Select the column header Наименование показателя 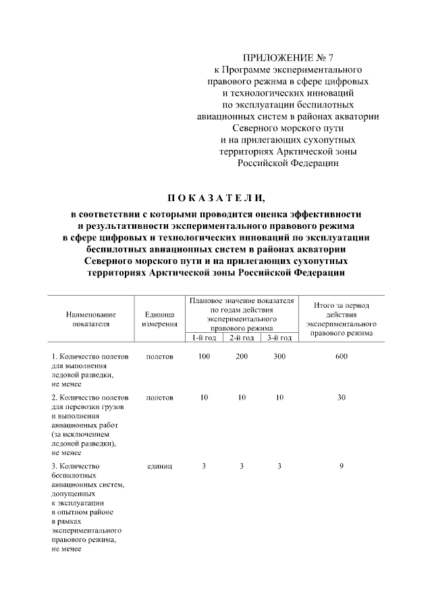coord(90,319)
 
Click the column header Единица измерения coord(160,319)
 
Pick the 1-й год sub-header coord(204,338)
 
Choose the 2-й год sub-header coord(241,338)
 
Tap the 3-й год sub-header coord(279,338)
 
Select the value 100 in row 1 coord(204,356)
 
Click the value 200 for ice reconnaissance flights coord(242,356)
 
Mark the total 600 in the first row coord(342,356)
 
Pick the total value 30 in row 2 coord(342,398)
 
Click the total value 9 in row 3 coord(342,466)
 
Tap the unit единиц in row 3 coord(160,466)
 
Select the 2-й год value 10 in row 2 coord(242,398)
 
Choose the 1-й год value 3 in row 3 coord(204,466)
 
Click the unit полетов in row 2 coord(160,398)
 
